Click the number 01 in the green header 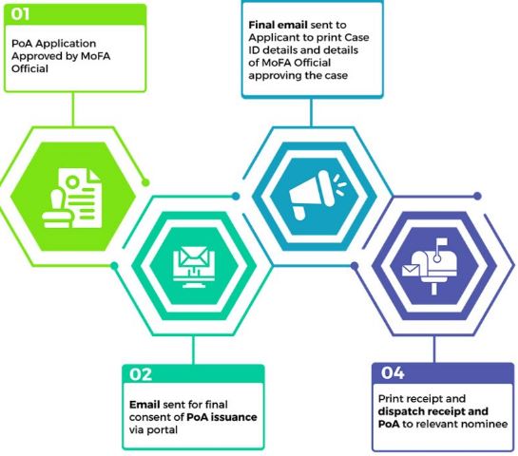click(20, 14)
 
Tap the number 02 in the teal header click(141, 374)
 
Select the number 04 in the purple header click(393, 372)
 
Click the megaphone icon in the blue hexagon click(317, 195)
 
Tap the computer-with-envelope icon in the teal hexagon click(194, 267)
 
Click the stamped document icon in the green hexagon click(72, 199)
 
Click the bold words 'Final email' click(278, 25)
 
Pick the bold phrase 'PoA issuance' click(221, 417)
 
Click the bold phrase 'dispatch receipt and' click(433, 411)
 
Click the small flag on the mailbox click(442, 243)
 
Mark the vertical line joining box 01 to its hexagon click(73, 109)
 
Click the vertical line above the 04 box click(434, 349)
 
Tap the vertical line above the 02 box click(193, 350)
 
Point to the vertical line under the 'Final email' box click(311, 112)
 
